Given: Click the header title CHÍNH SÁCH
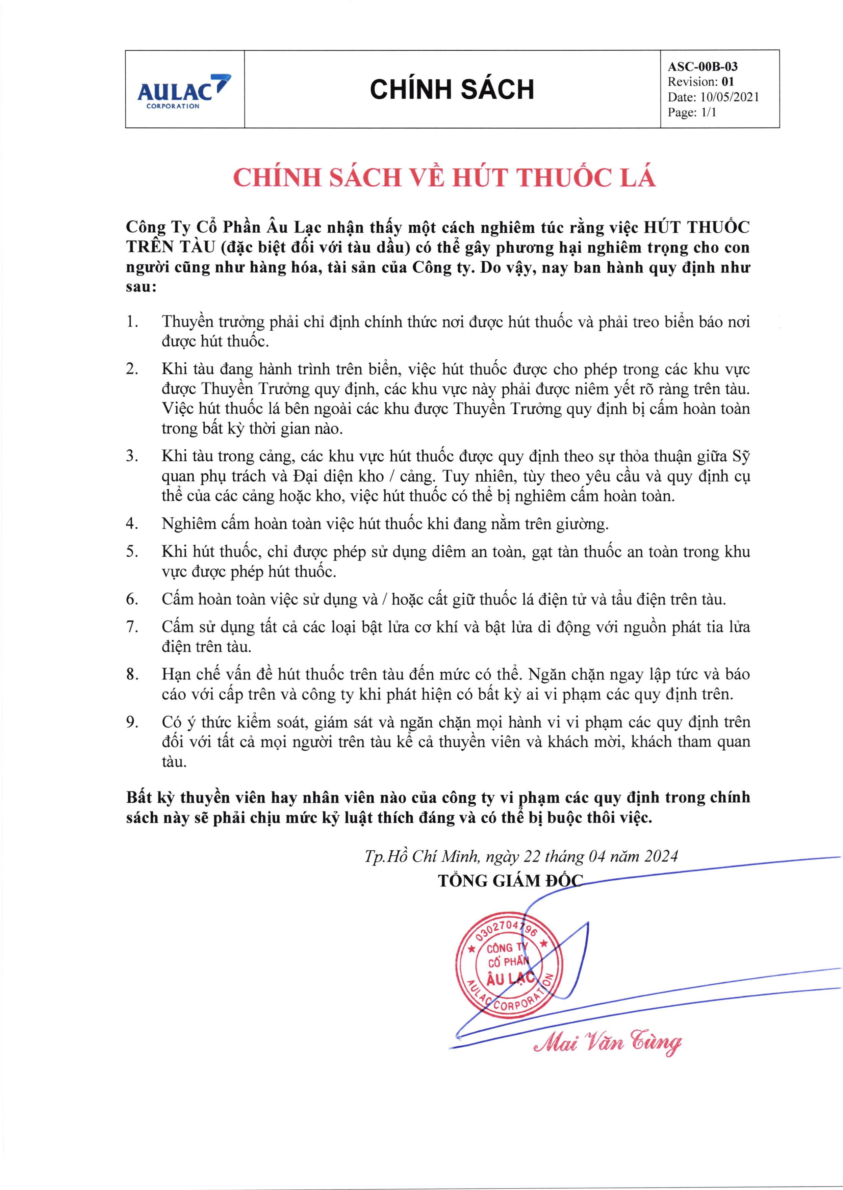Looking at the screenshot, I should coord(452,89).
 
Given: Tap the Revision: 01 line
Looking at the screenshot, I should coord(701,81).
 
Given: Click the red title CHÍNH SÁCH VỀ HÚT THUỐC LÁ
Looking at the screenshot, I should coord(444,178).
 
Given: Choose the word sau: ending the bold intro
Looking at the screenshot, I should coord(141,287).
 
